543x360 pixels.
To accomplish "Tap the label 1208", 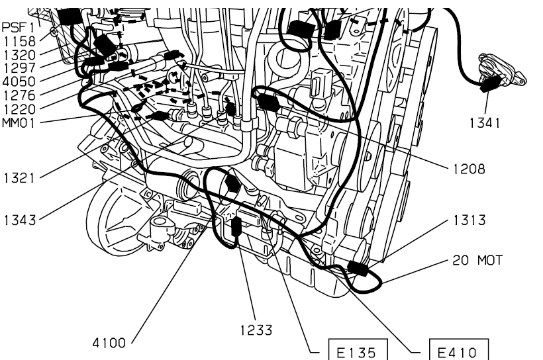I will [x=469, y=169].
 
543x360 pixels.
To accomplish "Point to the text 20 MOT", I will [x=478, y=260].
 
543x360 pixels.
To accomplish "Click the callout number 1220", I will [x=18, y=109].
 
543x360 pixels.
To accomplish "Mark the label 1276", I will [x=18, y=95].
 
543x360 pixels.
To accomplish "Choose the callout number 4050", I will [x=18, y=81].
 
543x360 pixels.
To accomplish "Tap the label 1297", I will [x=18, y=67].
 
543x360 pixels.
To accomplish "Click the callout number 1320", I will [x=18, y=54].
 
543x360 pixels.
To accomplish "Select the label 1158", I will [x=18, y=41].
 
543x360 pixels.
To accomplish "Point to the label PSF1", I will [x=18, y=28].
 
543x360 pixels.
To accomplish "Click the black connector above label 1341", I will [x=491, y=83].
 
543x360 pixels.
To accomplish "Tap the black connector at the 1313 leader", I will [x=358, y=269].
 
